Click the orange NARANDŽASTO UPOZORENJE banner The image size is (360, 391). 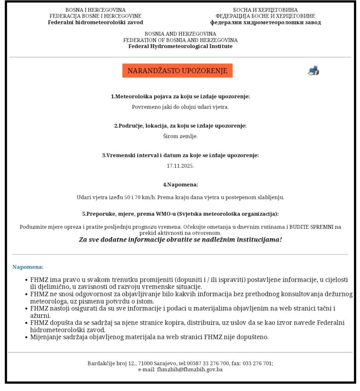point(177,71)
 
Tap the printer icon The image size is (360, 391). point(313,71)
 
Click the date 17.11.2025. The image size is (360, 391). point(180,166)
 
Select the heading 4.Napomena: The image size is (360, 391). point(180,184)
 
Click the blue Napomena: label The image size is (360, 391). point(28,267)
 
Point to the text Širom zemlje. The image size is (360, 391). point(180,136)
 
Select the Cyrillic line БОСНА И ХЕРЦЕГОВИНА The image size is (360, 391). point(265,10)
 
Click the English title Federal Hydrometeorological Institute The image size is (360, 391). point(180,46)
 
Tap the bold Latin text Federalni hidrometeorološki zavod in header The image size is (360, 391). point(95,22)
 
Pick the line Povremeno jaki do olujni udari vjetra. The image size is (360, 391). point(180,107)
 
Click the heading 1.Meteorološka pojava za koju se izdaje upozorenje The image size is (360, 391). point(180,96)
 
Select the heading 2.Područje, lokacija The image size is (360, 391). point(180,126)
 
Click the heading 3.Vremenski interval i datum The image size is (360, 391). point(180,155)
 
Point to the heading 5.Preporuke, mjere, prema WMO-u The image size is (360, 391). point(180,214)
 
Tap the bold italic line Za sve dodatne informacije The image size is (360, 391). point(180,240)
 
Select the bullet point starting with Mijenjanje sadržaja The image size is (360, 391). point(149,337)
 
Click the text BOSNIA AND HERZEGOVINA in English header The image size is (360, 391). point(180,34)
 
